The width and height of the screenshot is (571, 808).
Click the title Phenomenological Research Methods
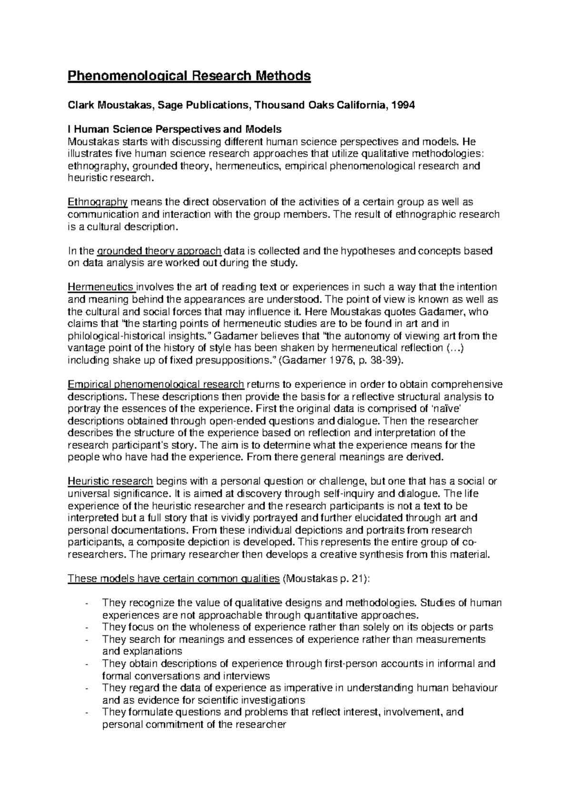click(189, 76)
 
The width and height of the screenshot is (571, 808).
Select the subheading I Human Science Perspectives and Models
click(175, 129)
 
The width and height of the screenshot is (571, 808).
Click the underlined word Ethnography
click(98, 202)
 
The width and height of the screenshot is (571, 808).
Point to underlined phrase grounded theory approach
click(159, 251)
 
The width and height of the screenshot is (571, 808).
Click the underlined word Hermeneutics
click(100, 287)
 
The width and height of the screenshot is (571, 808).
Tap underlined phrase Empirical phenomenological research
click(156, 384)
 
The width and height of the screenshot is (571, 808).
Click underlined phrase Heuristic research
click(110, 481)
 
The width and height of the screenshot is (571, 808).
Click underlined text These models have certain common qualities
click(174, 579)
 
